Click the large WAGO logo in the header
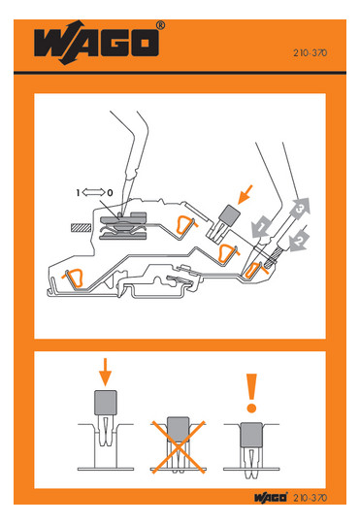96,43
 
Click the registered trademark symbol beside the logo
160,25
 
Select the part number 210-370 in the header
311,52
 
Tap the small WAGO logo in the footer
271,497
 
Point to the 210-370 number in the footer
311,498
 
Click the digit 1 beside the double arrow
78,193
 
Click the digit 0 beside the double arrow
110,193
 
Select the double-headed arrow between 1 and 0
93,192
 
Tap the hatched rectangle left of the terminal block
81,228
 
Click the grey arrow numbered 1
262,226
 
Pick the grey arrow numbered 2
299,241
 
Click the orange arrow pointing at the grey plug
245,194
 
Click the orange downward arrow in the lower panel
105,372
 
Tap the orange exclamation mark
251,393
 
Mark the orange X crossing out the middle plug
178,447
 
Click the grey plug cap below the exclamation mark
251,435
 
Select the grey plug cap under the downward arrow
106,403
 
